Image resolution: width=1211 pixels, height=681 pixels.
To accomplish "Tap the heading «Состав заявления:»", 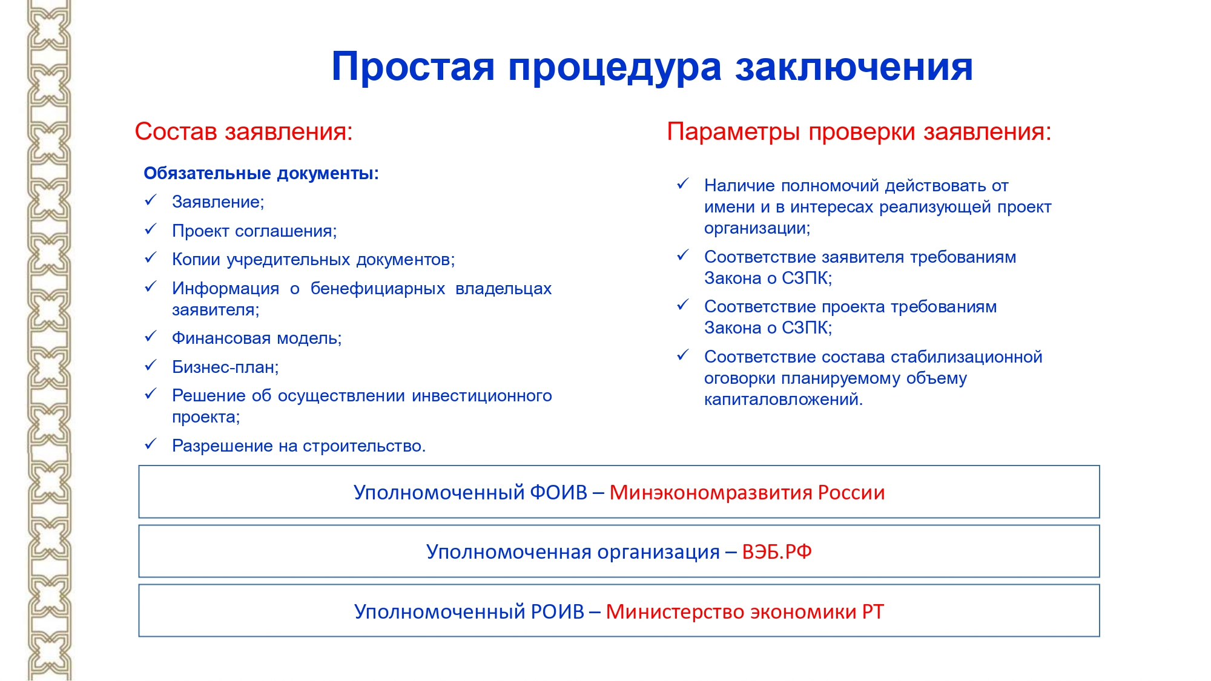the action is point(243,131).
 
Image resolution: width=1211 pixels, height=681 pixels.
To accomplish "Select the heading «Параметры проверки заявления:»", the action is point(859,131).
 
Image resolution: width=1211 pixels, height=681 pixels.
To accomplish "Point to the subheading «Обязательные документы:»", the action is point(261,174).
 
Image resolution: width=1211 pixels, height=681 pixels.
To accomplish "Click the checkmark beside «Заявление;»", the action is point(151,200).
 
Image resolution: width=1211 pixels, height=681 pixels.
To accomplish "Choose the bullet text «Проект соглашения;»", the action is point(254,231).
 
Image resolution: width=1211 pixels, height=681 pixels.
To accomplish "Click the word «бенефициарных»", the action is point(378,288).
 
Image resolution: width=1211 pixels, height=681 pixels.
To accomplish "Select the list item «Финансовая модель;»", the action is point(257,338).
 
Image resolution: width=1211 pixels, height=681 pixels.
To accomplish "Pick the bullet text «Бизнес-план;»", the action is point(225,367).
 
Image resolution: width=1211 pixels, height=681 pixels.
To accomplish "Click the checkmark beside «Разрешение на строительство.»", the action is point(151,444).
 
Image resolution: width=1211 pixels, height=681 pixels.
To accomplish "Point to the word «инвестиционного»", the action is point(482,396).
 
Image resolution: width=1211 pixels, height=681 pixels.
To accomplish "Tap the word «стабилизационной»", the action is point(967,357).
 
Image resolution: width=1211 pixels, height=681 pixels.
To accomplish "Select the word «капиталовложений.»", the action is point(784,400).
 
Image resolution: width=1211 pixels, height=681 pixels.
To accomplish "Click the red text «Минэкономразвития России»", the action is point(747,493).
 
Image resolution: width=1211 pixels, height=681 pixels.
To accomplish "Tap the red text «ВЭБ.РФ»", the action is point(777,551).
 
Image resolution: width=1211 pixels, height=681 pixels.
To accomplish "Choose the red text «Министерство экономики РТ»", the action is point(745,611).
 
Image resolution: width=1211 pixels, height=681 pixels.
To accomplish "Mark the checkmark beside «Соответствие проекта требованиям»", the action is point(683,305).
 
